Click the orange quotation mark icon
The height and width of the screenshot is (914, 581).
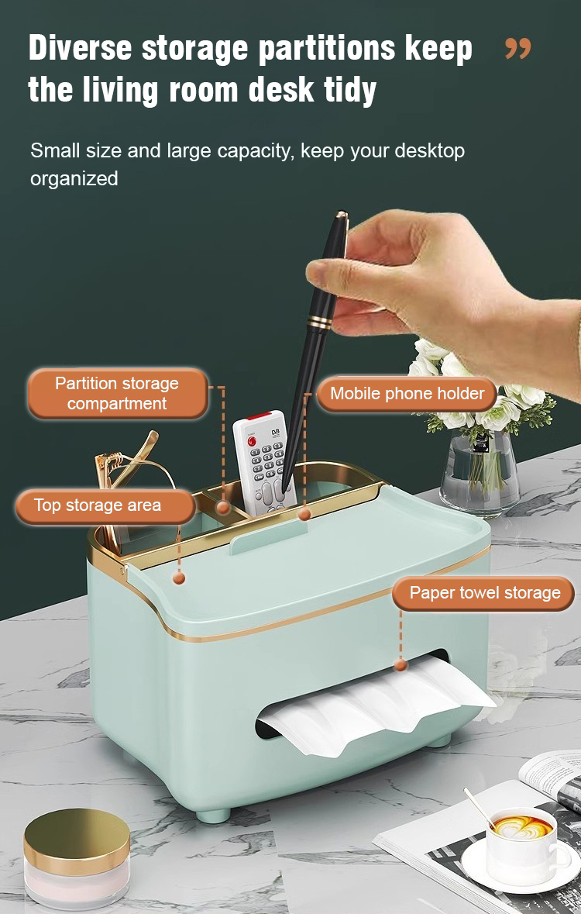[518, 49]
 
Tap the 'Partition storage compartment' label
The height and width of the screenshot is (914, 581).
[117, 394]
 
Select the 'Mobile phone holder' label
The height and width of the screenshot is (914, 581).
[407, 394]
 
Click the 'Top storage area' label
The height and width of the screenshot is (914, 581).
[105, 505]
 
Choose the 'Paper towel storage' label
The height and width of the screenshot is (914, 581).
[484, 593]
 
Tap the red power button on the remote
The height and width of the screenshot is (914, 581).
[252, 442]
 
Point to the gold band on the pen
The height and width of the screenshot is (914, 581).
[319, 321]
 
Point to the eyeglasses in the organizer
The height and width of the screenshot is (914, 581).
[128, 484]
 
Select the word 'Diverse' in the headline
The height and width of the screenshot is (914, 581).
[81, 48]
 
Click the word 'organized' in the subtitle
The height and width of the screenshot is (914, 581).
[74, 179]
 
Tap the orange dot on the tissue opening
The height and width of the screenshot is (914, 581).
[401, 664]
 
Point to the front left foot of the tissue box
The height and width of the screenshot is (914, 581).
[213, 814]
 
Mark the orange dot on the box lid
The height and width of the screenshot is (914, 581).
[179, 578]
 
